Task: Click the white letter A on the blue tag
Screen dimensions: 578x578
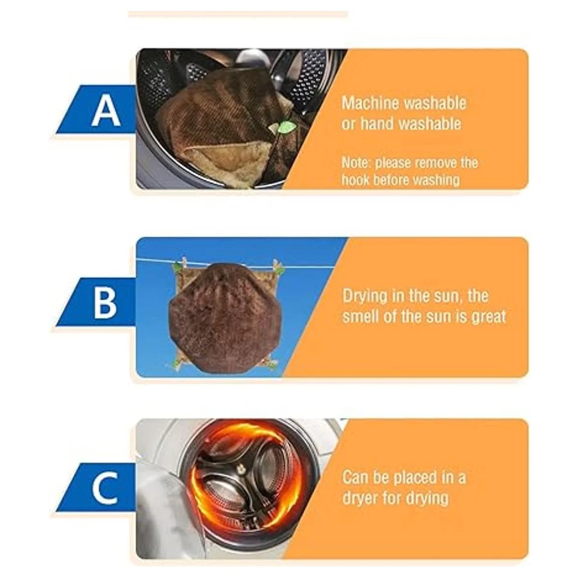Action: pyautogui.click(x=106, y=111)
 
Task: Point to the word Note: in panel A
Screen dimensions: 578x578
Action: pyautogui.click(x=356, y=163)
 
